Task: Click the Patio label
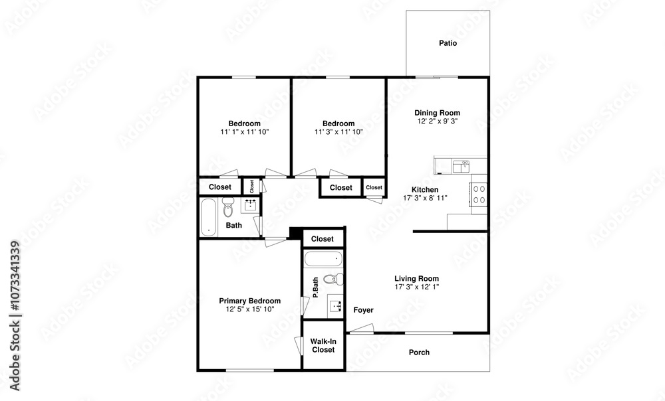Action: pos(448,43)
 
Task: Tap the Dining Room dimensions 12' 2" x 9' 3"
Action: pos(438,121)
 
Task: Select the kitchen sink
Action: pos(461,167)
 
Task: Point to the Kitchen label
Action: pos(425,190)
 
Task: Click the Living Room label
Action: pos(416,279)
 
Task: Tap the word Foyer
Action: pos(364,310)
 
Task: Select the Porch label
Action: pos(419,353)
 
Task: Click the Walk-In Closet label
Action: pos(323,345)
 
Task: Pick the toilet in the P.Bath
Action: pos(334,279)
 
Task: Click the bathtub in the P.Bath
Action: pos(324,259)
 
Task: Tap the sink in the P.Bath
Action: pos(336,305)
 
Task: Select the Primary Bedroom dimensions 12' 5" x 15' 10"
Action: pos(250,309)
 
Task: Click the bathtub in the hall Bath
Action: pos(208,217)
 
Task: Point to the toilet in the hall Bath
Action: pos(228,206)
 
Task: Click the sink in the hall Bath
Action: pos(250,205)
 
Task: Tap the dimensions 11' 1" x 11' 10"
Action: pos(245,132)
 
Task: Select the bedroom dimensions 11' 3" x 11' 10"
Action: pos(338,132)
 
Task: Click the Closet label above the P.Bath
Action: pos(323,239)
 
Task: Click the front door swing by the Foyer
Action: pos(360,329)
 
